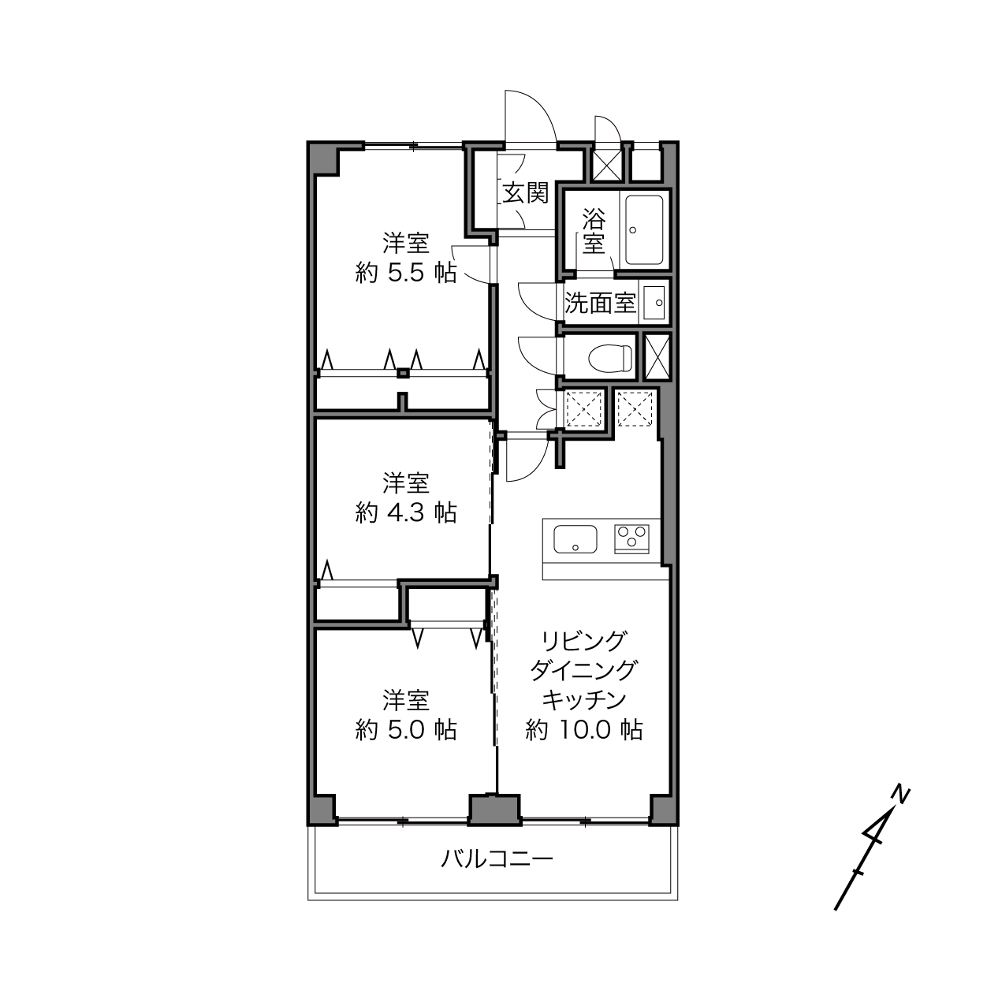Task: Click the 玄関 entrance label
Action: point(525,193)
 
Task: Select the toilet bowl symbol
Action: point(610,357)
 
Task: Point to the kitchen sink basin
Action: point(575,539)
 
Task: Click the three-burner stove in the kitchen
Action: point(632,538)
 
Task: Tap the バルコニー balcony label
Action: point(497,859)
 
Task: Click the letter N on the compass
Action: point(900,793)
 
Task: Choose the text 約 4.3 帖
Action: point(406,512)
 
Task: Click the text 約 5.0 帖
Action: point(406,730)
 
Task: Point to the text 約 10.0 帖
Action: point(584,730)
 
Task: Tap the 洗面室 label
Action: point(600,304)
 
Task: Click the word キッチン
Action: point(584,700)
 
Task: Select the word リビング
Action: point(584,641)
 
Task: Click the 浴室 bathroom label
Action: point(594,231)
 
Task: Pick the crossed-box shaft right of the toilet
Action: point(657,357)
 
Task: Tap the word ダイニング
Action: point(584,670)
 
